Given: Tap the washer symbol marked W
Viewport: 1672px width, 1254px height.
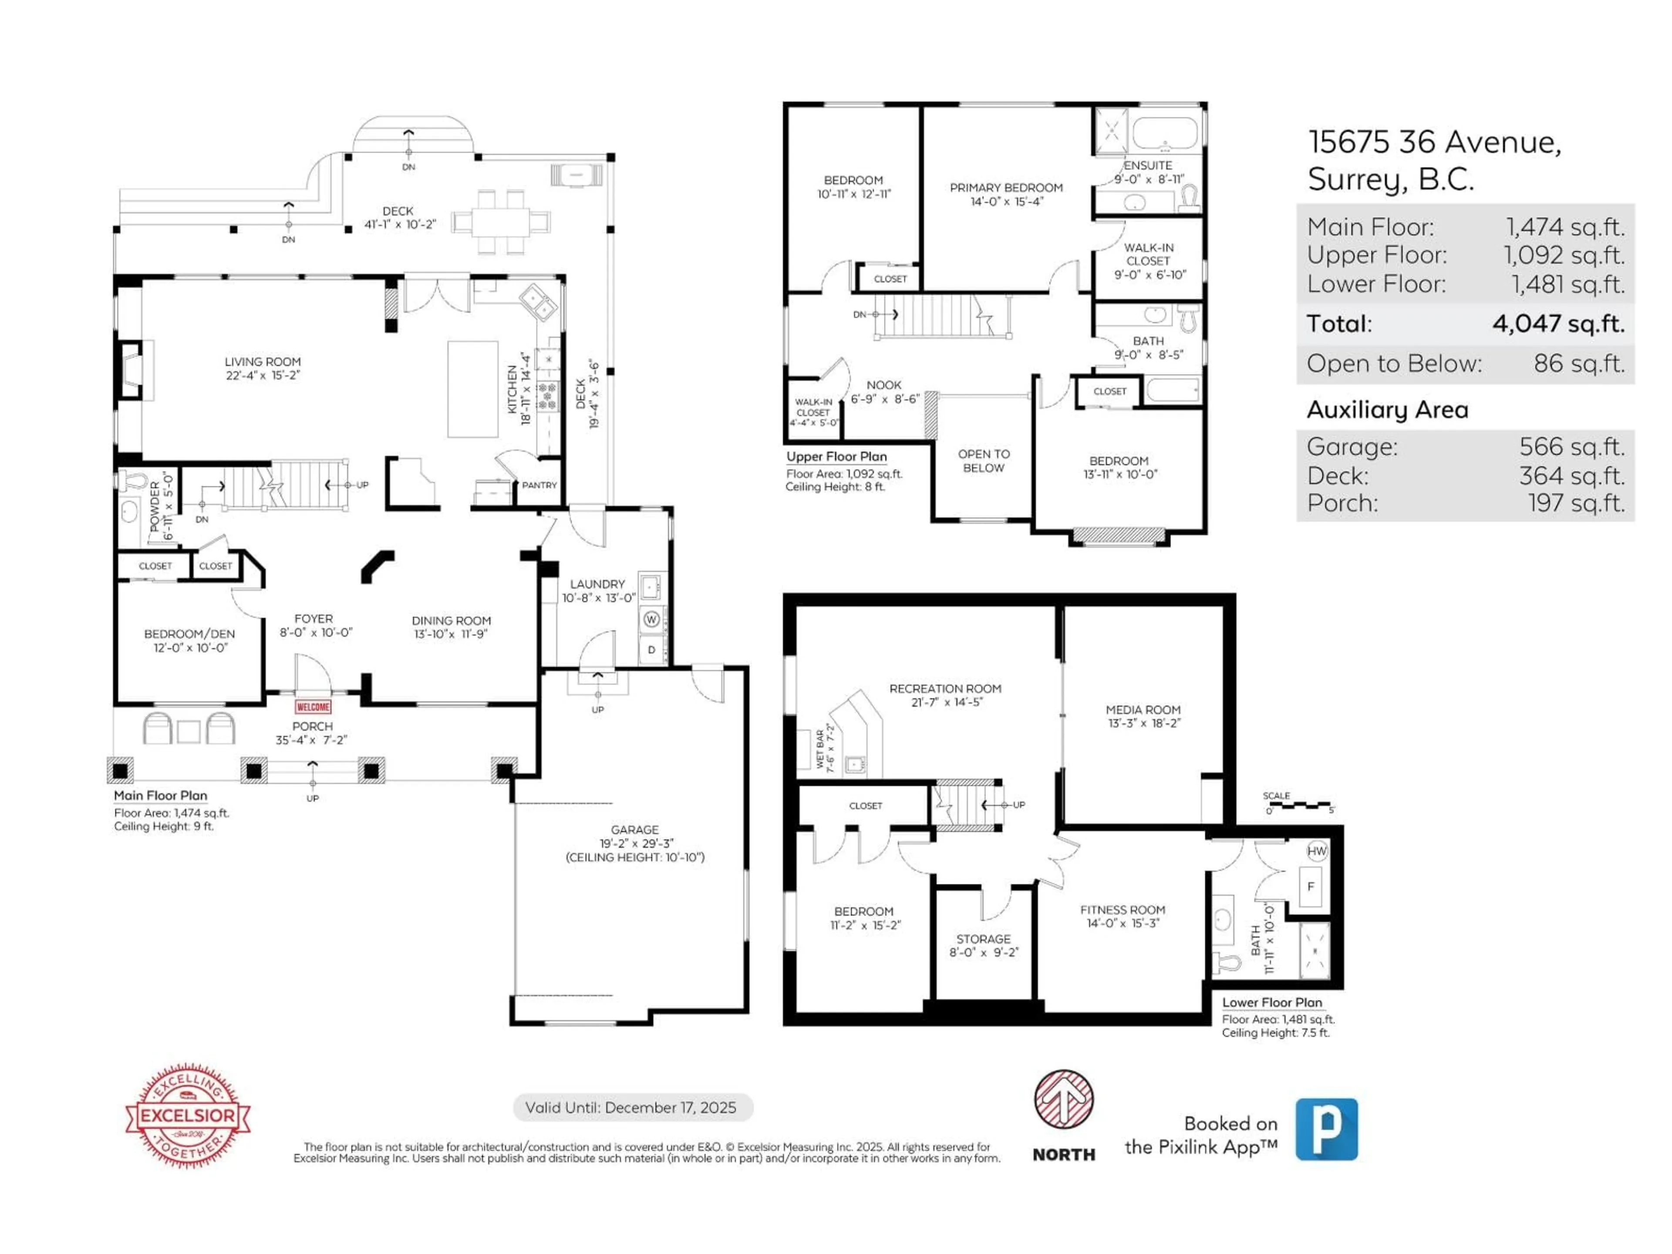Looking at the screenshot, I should click(651, 619).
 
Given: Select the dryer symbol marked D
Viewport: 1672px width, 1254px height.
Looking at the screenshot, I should click(651, 649).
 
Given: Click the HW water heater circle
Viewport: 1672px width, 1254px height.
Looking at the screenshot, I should click(1317, 851).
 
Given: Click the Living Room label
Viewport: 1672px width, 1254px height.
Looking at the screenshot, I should click(262, 362).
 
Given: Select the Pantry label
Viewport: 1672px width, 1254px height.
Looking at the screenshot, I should click(539, 485).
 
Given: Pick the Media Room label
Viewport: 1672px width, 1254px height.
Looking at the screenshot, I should click(1143, 710).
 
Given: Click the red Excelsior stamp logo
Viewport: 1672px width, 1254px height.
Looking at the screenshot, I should click(188, 1115).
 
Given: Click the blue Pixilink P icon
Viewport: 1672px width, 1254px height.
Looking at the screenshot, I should click(1327, 1129).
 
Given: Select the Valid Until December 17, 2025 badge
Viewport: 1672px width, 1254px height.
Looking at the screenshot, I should click(633, 1107).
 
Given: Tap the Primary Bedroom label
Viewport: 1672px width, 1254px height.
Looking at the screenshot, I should click(1006, 188).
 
